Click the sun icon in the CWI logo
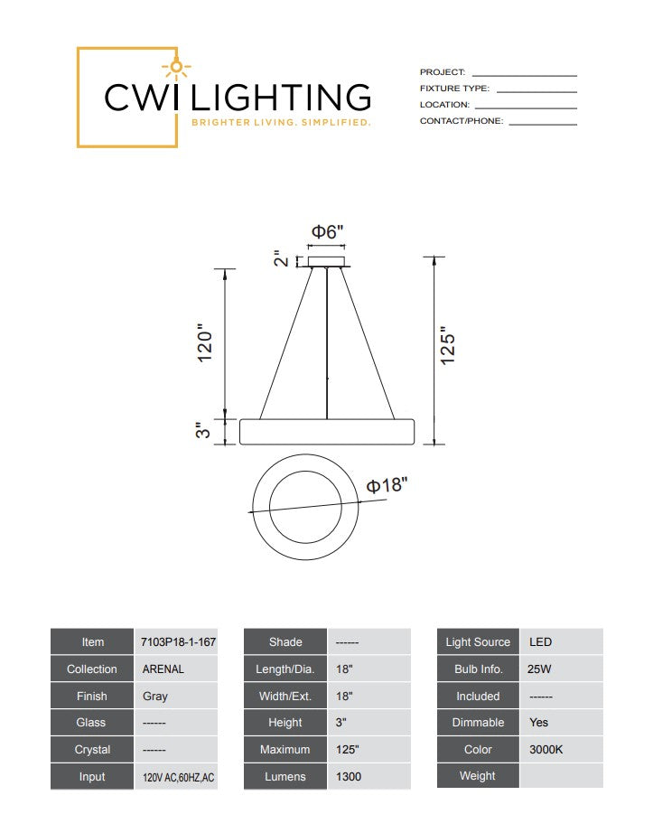click(176, 67)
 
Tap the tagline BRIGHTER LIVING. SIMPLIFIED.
click(281, 123)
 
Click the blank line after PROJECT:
click(524, 76)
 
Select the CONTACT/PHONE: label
click(462, 121)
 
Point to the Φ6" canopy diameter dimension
click(327, 231)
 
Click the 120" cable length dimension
click(205, 342)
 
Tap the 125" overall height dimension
click(447, 346)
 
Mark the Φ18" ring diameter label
click(387, 485)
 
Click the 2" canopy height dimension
click(281, 258)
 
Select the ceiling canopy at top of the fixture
click(327, 262)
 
